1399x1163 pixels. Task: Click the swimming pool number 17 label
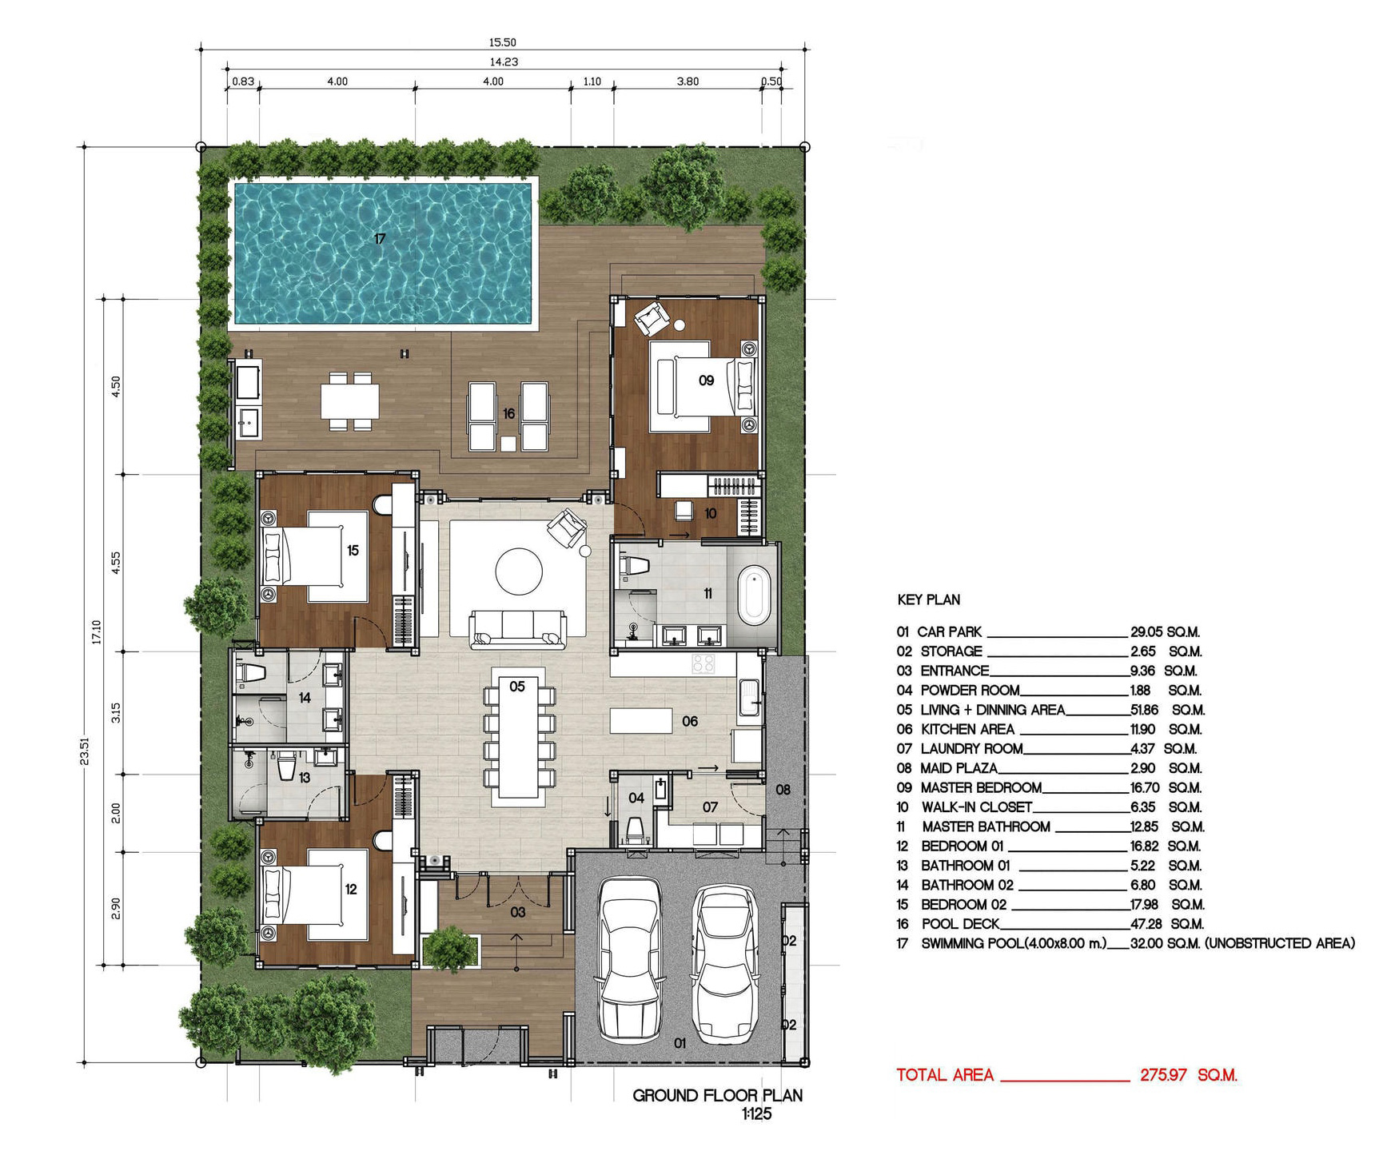pyautogui.click(x=380, y=238)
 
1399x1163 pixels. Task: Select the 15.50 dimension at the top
pyautogui.click(x=503, y=42)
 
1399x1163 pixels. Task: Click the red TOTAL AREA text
pyautogui.click(x=945, y=1075)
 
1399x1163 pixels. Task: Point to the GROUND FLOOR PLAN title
pyautogui.click(x=717, y=1096)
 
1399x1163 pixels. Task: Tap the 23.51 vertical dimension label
pyautogui.click(x=85, y=751)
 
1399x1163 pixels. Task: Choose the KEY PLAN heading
pyautogui.click(x=929, y=599)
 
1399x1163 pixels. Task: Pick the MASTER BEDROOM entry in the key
pyautogui.click(x=981, y=787)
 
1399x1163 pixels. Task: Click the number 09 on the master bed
pyautogui.click(x=706, y=380)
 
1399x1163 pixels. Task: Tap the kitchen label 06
pyautogui.click(x=690, y=721)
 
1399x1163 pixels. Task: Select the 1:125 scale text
pyautogui.click(x=756, y=1114)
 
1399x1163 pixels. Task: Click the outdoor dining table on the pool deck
pyautogui.click(x=350, y=401)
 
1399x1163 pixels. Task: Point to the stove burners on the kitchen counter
pyautogui.click(x=703, y=663)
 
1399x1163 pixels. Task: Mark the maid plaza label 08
pyautogui.click(x=783, y=790)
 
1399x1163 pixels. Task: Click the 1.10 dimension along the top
pyautogui.click(x=592, y=82)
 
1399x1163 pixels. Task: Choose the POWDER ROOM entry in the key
pyautogui.click(x=970, y=690)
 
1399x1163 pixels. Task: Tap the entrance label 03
pyautogui.click(x=518, y=912)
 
